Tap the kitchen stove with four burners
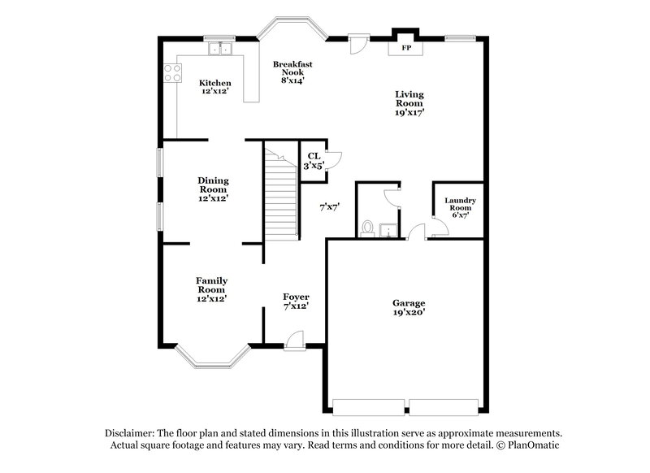[x=172, y=74]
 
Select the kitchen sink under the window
[x=219, y=51]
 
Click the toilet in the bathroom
[x=367, y=228]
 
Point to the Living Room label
[x=409, y=103]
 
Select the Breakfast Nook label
[x=292, y=72]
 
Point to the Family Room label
[x=211, y=289]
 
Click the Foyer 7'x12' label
[x=295, y=302]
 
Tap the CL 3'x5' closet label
[x=313, y=160]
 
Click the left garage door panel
[x=369, y=406]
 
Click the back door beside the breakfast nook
[x=356, y=44]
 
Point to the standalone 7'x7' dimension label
[x=328, y=207]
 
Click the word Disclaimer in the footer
[x=130, y=433]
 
